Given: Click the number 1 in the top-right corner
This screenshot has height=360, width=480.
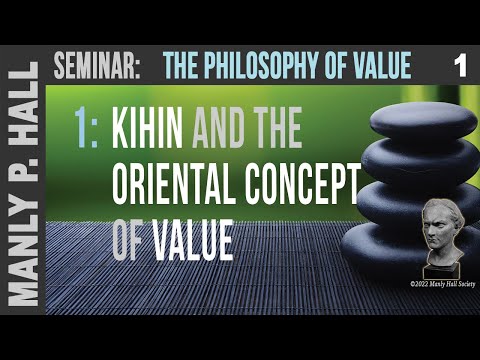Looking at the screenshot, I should click(x=459, y=67).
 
